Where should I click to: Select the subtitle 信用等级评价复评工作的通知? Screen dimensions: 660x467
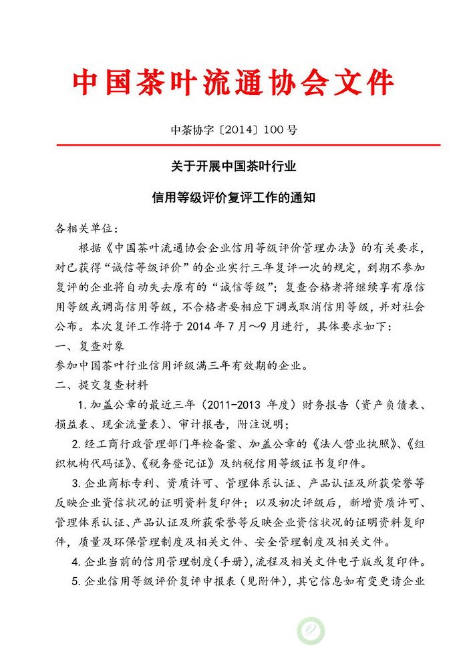coord(233,198)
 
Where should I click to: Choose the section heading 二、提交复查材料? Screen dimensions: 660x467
coord(101,385)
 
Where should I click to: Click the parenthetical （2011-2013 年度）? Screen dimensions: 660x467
coord(249,405)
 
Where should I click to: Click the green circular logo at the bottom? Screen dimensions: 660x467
coord(311,631)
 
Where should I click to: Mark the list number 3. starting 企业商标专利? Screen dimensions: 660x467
coord(75,483)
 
